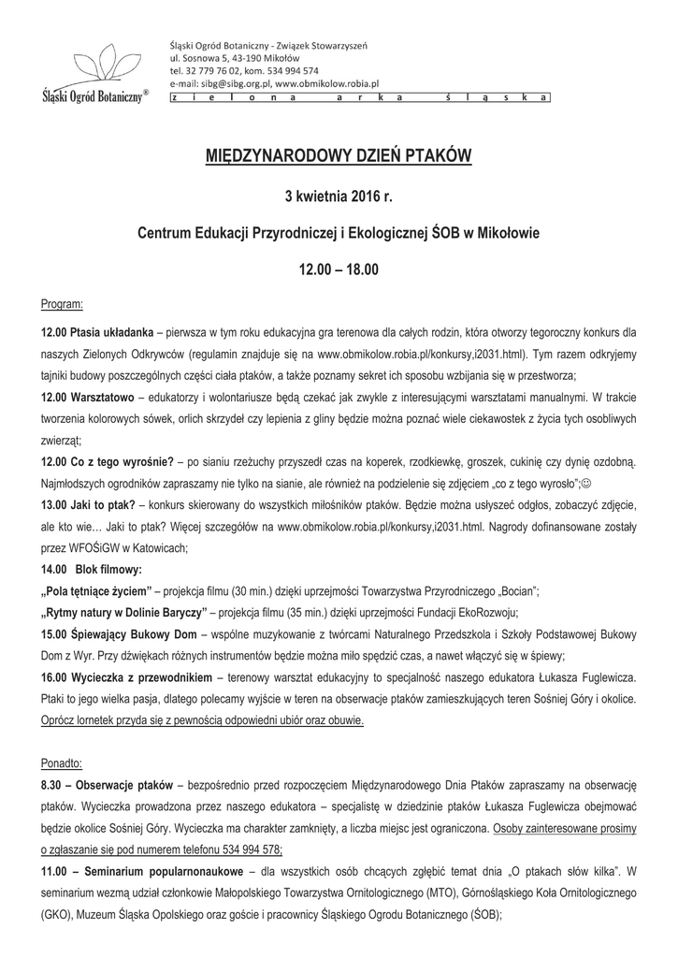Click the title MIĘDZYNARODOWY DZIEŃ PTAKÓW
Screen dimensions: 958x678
coord(339,155)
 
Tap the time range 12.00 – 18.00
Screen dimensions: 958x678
coord(339,269)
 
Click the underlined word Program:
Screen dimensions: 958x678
coord(63,305)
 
